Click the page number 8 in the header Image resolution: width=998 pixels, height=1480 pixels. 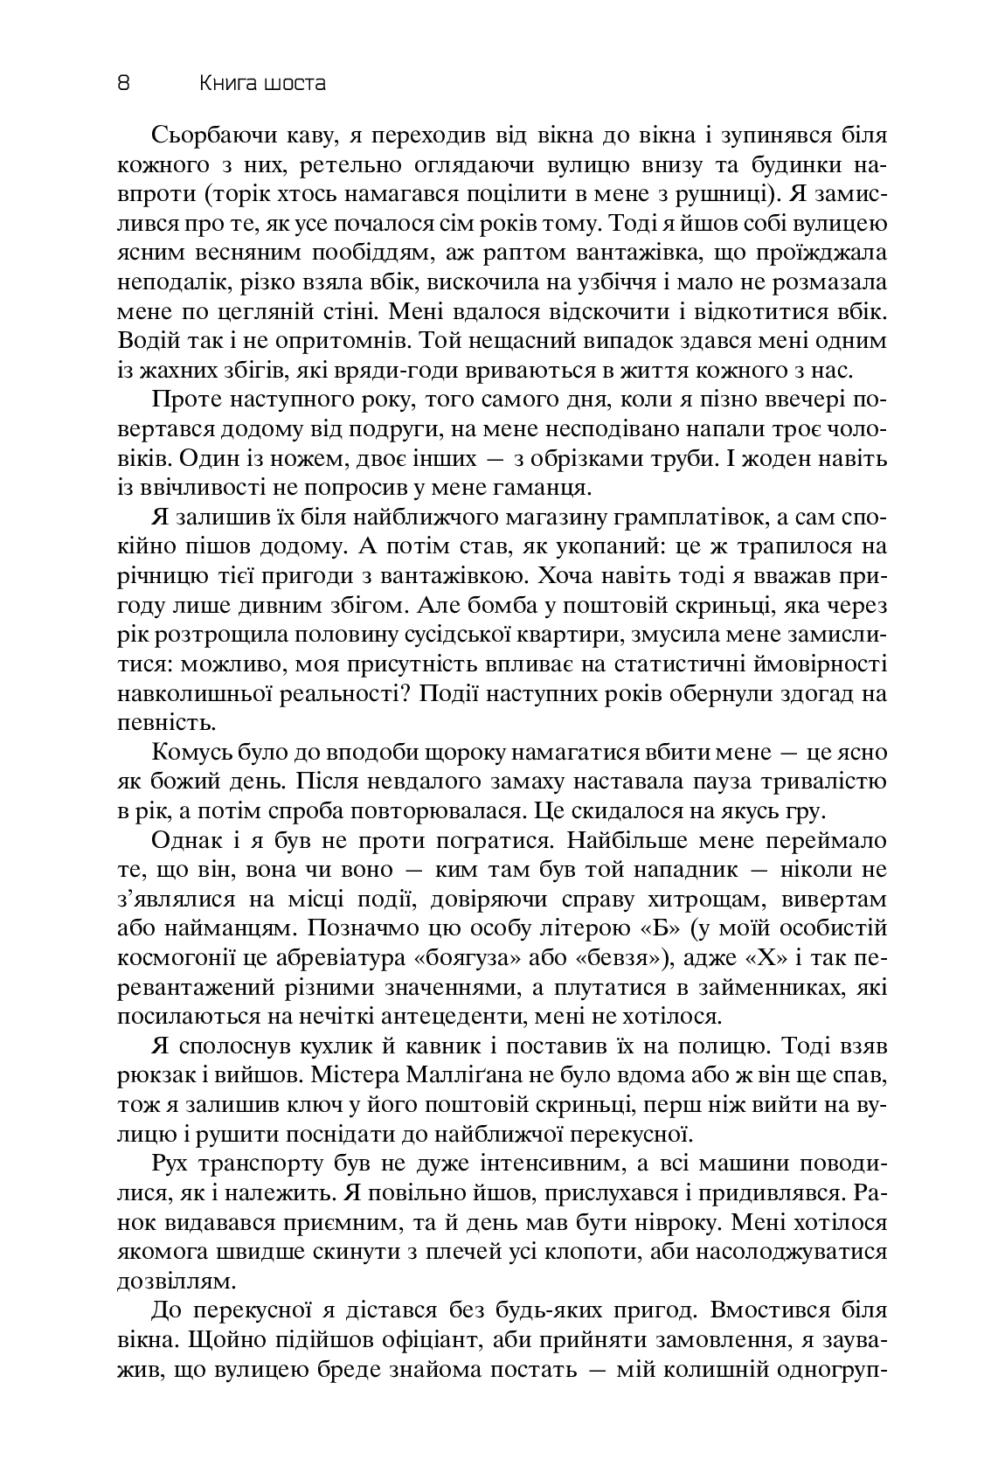click(123, 83)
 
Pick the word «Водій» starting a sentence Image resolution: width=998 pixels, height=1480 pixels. click(142, 342)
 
